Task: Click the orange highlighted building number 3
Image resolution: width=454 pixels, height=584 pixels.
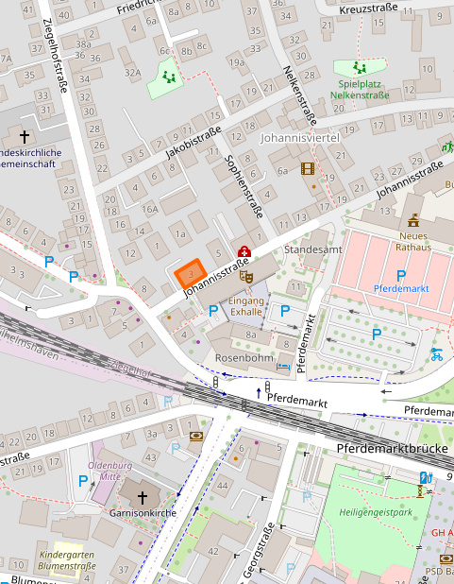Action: pyautogui.click(x=191, y=274)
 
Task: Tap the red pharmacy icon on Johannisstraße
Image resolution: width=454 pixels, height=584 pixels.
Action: pyautogui.click(x=244, y=252)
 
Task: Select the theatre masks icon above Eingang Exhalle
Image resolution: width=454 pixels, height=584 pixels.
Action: pyautogui.click(x=246, y=276)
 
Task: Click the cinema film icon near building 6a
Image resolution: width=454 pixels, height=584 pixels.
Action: pyautogui.click(x=307, y=169)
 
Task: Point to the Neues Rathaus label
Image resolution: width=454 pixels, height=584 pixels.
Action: pyautogui.click(x=414, y=241)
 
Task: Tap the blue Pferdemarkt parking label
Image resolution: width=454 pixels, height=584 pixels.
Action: pyautogui.click(x=402, y=286)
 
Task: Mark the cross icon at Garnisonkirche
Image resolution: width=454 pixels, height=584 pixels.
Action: pyautogui.click(x=143, y=496)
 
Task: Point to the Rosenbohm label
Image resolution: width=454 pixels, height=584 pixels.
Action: pyautogui.click(x=244, y=358)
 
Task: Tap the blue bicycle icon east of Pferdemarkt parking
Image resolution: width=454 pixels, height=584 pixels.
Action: pyautogui.click(x=436, y=354)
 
